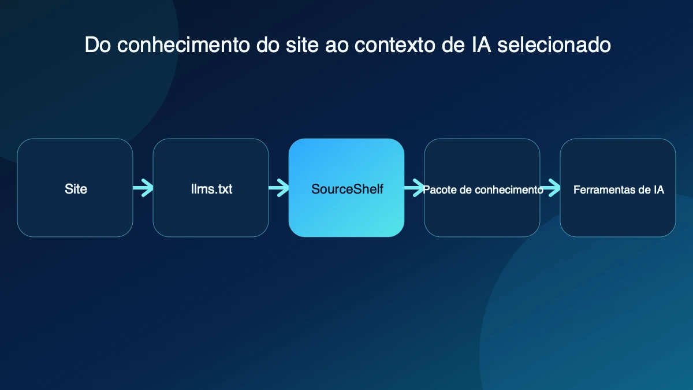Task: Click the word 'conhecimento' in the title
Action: click(184, 45)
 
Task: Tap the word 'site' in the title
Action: click(302, 45)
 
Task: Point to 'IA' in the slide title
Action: click(482, 45)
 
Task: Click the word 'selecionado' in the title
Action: click(554, 45)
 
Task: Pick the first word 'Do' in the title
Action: click(98, 45)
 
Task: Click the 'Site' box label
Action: click(76, 189)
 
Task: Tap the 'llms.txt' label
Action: click(211, 189)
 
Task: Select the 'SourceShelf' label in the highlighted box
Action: click(347, 189)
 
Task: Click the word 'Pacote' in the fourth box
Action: click(439, 190)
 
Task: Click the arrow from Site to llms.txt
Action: click(143, 188)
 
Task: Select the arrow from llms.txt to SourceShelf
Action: click(279, 188)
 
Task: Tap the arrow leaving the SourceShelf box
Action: click(414, 188)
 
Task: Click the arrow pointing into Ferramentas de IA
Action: click(550, 188)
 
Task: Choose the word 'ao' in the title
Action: click(336, 45)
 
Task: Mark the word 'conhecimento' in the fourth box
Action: click(508, 190)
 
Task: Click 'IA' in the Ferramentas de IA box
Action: click(659, 190)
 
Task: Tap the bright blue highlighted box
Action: click(346, 188)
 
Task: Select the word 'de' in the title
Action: click(453, 45)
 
